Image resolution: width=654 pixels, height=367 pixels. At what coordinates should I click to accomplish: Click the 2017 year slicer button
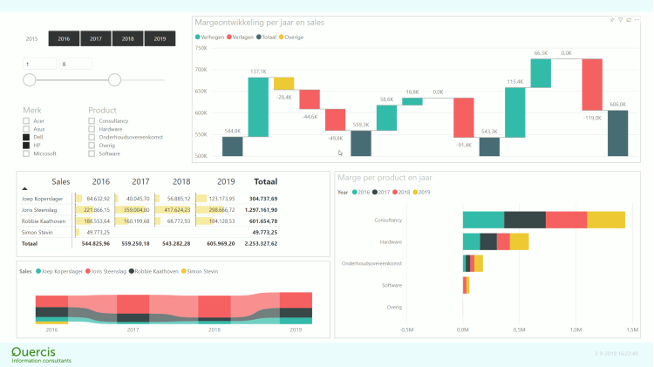tap(96, 38)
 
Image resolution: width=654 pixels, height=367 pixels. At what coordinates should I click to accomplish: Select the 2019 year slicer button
tap(160, 38)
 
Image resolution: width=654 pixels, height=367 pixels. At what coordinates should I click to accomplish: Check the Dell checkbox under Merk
tap(26, 138)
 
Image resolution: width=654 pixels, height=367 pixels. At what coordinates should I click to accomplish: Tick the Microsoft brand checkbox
tap(26, 153)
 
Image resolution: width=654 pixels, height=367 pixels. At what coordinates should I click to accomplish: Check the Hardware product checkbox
tap(92, 130)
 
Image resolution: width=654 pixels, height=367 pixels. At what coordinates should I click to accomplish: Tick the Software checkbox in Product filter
tap(92, 153)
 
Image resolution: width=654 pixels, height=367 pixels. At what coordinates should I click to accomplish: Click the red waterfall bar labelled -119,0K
tap(592, 85)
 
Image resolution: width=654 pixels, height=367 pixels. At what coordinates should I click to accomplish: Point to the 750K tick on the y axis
tap(201, 48)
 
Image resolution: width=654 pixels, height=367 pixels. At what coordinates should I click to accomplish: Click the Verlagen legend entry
tap(241, 37)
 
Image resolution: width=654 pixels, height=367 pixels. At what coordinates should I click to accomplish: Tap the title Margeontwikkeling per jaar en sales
tap(260, 22)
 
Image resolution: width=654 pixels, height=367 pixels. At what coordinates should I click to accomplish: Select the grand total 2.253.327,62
tap(259, 244)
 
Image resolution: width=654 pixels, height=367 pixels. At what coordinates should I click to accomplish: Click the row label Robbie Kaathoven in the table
tap(41, 221)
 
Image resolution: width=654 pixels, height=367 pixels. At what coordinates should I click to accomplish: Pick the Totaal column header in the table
tap(265, 182)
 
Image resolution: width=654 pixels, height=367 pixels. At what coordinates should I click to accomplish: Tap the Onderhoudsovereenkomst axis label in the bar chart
tap(371, 263)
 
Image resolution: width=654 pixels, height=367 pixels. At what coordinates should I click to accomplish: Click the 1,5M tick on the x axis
tap(630, 330)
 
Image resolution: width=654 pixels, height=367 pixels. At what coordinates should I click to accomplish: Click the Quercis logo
tap(41, 353)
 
